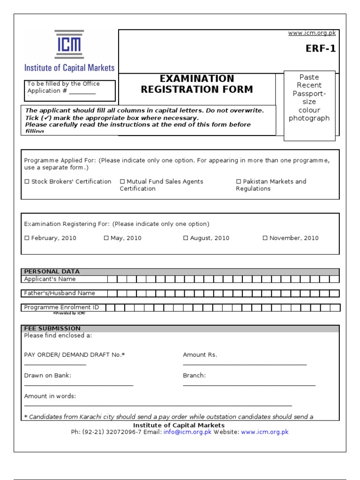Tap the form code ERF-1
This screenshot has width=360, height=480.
tap(321, 49)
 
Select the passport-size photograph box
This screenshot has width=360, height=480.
tap(309, 105)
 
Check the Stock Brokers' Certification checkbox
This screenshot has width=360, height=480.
tap(27, 181)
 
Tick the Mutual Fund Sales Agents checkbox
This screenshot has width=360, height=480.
tap(122, 181)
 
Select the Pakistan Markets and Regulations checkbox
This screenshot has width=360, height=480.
tap(239, 181)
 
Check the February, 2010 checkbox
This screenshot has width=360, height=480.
tap(27, 238)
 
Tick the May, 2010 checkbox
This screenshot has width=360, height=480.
tap(106, 238)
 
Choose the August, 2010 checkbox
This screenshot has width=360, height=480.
tap(186, 238)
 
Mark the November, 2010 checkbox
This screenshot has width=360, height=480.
tap(265, 238)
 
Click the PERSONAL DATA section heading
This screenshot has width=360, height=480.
tap(52, 271)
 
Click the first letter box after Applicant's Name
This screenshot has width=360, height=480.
tap(112, 279)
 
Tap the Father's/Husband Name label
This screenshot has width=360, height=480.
tap(60, 293)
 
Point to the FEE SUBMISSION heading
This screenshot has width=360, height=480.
tap(52, 328)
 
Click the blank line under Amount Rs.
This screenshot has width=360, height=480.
tap(245, 364)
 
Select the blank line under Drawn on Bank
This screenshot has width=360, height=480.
tap(79, 384)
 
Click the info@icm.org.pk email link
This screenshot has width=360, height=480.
tap(187, 432)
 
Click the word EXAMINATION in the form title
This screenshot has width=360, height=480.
tap(197, 79)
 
